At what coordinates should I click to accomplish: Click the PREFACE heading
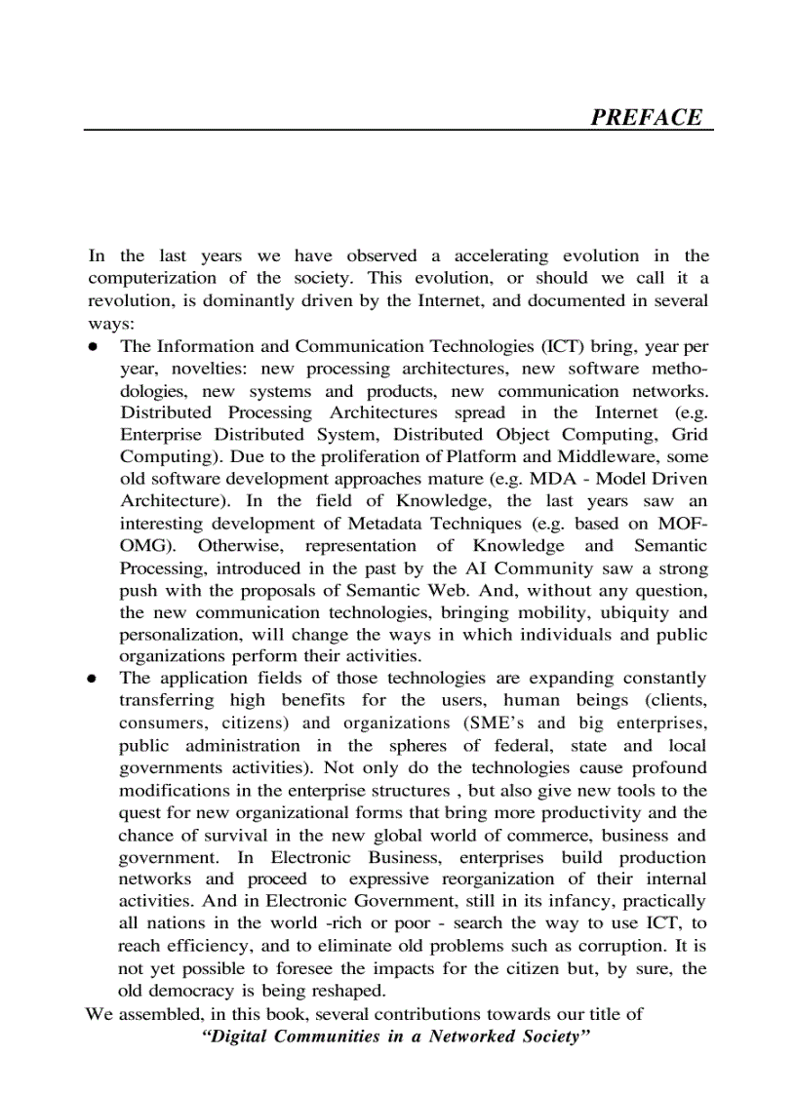pyautogui.click(x=646, y=117)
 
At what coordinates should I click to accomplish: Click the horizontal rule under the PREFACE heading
pyautogui.click(x=398, y=130)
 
